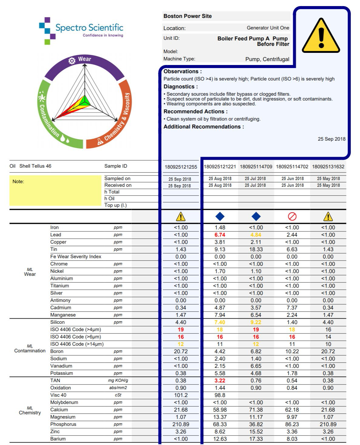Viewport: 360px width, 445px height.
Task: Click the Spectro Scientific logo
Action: click(81, 30)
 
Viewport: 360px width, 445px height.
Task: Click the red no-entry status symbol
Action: click(292, 217)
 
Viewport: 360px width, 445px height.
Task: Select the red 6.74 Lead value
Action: click(220, 235)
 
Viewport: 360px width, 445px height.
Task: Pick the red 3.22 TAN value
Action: click(220, 381)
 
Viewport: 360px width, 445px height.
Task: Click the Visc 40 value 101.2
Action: click(181, 395)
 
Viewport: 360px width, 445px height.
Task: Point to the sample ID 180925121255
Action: click(181, 167)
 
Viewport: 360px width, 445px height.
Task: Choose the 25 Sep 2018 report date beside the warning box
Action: click(331, 139)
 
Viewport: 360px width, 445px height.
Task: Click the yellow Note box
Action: click(55, 190)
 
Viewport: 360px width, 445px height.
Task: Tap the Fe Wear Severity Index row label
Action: click(76, 257)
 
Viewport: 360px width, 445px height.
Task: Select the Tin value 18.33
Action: click(256, 249)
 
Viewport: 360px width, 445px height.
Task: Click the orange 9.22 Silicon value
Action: click(256, 322)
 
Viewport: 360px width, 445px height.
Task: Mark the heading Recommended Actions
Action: click(195, 111)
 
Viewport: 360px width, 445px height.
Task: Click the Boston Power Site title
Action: click(187, 16)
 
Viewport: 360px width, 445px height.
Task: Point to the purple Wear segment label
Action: click(84, 59)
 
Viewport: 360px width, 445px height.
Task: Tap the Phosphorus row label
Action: click(63, 424)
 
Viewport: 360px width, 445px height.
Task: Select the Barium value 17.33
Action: click(256, 439)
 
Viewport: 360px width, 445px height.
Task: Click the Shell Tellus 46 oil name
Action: click(35, 166)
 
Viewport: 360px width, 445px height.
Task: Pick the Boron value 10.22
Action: click(292, 351)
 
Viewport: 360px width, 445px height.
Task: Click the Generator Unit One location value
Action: click(268, 28)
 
